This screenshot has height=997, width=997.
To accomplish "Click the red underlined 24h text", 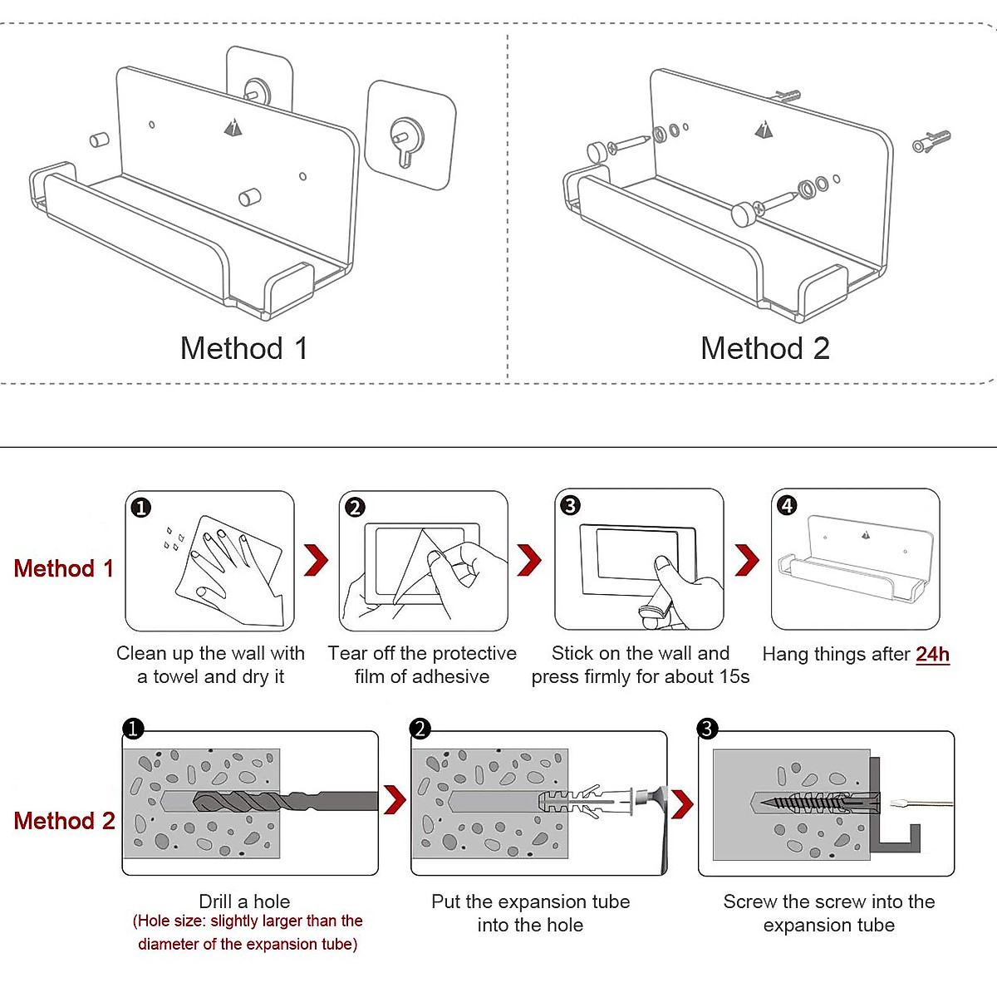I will (932, 655).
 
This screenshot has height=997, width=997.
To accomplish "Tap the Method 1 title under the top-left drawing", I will (244, 348).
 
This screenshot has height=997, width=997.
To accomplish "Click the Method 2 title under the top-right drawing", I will (764, 348).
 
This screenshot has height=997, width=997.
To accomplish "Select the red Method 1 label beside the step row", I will (64, 568).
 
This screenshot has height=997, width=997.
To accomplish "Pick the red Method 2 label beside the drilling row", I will (64, 821).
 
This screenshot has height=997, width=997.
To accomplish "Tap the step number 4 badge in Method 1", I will (787, 505).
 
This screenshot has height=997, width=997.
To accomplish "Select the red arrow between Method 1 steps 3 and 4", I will (747, 560).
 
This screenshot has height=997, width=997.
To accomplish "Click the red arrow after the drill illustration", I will (395, 800).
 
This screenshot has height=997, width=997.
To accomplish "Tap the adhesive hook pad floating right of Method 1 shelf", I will (410, 135).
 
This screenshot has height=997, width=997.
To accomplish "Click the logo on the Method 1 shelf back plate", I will (233, 127).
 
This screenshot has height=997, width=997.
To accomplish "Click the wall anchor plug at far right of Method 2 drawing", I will (931, 142).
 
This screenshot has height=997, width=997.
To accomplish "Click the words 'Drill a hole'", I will (244, 901).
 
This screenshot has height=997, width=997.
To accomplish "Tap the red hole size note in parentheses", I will (248, 932).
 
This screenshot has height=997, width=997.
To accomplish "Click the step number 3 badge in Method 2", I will (707, 729).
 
